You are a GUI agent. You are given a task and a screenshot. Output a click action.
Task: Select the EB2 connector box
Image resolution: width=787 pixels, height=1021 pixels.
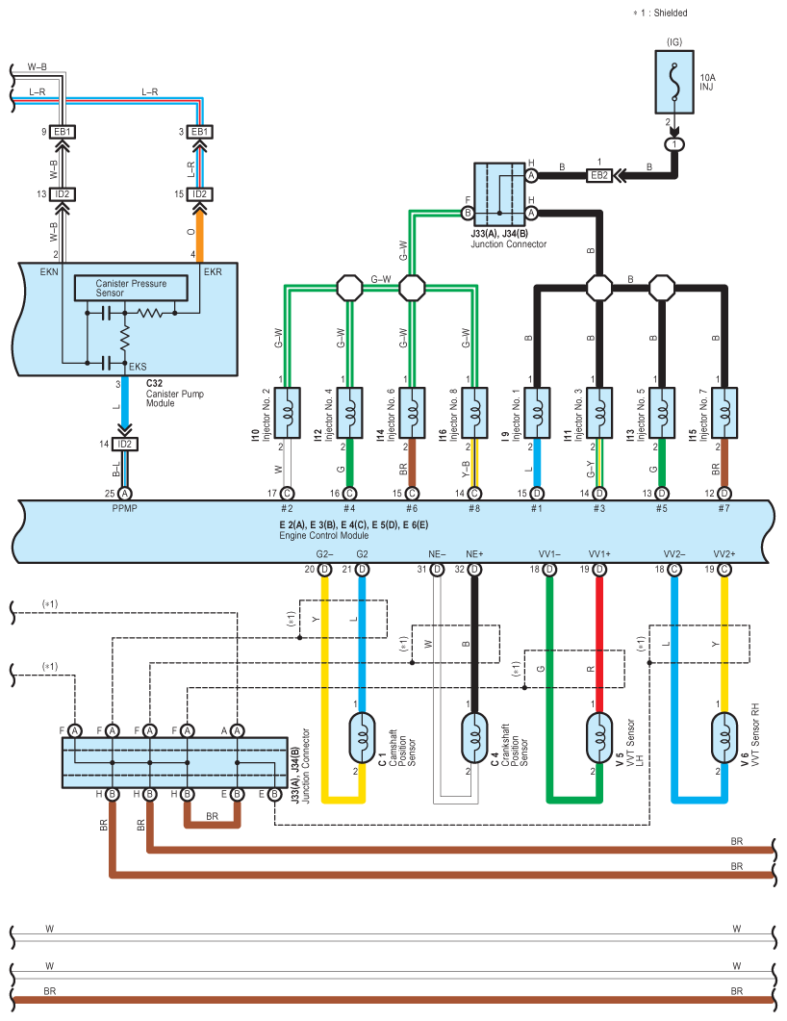pyautogui.click(x=599, y=175)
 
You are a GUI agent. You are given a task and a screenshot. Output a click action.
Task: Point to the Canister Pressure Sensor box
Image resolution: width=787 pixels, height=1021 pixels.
pyautogui.click(x=131, y=289)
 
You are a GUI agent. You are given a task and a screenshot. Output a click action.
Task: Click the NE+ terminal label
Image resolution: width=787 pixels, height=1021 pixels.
pyautogui.click(x=474, y=554)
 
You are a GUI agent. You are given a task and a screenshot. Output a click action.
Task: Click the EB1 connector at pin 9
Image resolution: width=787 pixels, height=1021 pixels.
pyautogui.click(x=63, y=131)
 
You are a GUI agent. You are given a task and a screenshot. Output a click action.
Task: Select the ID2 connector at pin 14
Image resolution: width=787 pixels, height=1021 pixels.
pyautogui.click(x=124, y=444)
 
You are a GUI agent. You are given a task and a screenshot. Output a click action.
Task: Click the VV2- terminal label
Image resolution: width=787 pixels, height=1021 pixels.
pyautogui.click(x=673, y=554)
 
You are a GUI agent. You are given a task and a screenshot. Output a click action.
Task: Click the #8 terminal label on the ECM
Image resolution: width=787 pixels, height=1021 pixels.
pyautogui.click(x=474, y=509)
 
